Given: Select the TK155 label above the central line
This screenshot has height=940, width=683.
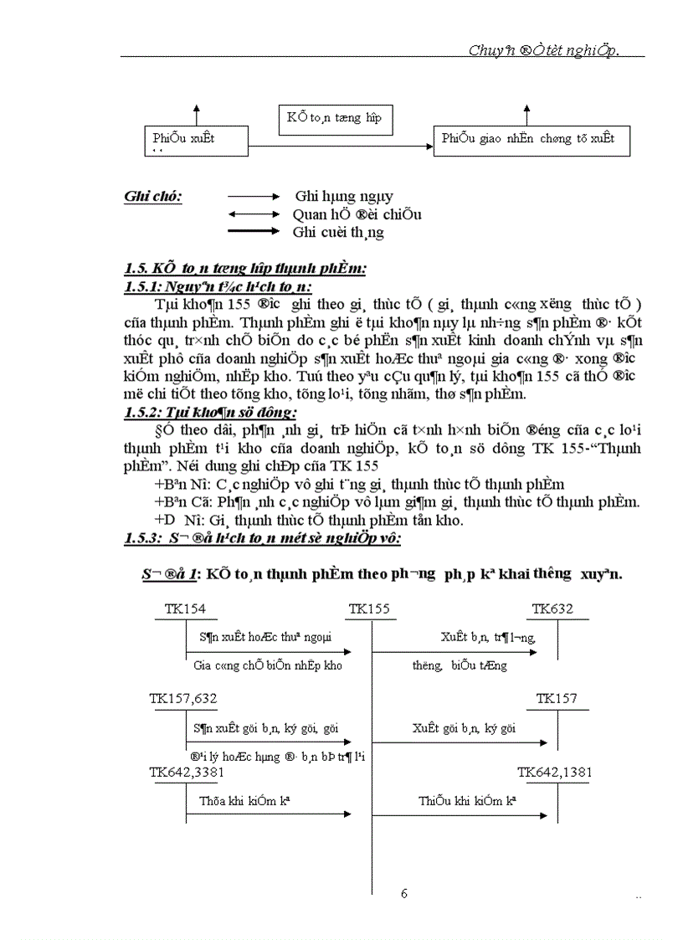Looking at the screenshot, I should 369,609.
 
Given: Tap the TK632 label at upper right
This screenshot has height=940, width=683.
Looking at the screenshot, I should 552,609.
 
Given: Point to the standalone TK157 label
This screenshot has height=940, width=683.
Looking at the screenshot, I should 557,698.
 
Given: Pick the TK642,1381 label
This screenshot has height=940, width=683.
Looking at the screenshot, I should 554,772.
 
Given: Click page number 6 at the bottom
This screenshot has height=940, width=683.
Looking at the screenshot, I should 404,893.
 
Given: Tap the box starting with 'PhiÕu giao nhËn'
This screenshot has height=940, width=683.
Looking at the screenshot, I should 532,140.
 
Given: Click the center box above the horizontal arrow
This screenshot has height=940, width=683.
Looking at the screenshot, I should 334,118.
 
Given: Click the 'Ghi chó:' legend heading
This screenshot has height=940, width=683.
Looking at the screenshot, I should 153,197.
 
